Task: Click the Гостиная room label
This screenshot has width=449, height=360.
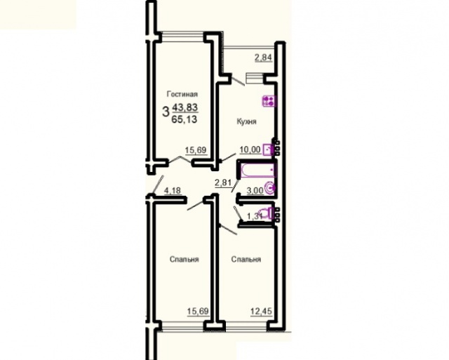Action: coord(182,94)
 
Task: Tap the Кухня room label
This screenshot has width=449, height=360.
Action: coord(246,121)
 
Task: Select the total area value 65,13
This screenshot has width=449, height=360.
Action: coord(185,119)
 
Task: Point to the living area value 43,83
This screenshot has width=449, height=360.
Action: coord(185,107)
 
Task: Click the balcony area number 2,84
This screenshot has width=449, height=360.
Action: coord(263,58)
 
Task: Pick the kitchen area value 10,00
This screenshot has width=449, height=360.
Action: coord(250,149)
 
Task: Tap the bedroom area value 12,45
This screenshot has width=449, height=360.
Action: coord(261,311)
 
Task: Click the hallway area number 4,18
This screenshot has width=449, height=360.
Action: coord(173,190)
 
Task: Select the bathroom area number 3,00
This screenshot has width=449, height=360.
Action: coord(255,190)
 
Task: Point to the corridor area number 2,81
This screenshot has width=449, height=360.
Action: coord(223,182)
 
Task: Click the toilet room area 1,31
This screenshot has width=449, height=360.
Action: coord(255,216)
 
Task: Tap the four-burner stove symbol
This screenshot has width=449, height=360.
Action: coord(269,101)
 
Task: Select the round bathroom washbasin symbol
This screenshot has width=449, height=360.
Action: coord(271,188)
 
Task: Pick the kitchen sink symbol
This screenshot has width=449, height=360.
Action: coord(269,149)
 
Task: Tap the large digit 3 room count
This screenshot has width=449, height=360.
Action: coord(166,112)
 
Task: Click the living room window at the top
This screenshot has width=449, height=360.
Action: coord(183,36)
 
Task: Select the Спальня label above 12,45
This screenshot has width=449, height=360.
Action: coord(246,260)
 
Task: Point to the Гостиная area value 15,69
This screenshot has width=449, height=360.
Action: coord(196,150)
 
